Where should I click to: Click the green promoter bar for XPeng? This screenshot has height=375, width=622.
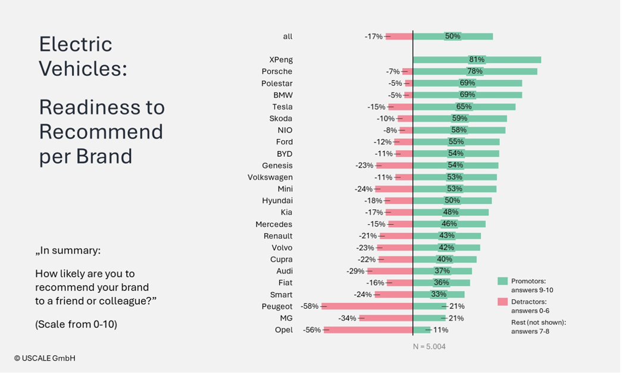pos(476,60)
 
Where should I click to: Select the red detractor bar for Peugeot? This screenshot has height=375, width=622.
pos(367,306)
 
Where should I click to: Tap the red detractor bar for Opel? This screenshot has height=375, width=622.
pos(368,330)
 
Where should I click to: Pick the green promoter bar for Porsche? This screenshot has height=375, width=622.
pos(474,72)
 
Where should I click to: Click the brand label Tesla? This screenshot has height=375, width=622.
pos(282,107)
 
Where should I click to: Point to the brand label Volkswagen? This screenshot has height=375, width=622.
pos(270,177)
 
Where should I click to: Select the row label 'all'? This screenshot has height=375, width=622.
pos(287,36)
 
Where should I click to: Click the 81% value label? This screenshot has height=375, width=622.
pos(476,60)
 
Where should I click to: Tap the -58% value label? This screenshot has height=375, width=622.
pos(310,306)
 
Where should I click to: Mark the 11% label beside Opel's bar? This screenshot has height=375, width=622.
pos(440,330)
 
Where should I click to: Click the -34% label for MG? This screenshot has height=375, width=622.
pos(347,318)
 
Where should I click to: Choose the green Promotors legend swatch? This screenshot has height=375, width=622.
pos(502,281)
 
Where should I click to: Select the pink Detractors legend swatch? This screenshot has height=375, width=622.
pos(502,302)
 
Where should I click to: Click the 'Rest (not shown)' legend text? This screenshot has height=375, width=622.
pos(538,323)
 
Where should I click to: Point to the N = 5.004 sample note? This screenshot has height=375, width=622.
pos(429,346)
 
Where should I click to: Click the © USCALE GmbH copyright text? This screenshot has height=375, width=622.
pos(45,358)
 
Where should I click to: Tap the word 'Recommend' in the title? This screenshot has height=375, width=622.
pos(101,131)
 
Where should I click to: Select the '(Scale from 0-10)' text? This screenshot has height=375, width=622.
pos(76,324)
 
